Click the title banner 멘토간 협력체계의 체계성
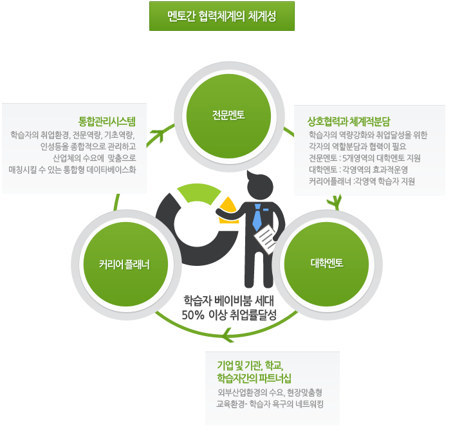(x=221, y=16)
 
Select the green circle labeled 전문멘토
(x=228, y=115)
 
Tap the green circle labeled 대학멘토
(x=326, y=263)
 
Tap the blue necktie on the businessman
(x=257, y=217)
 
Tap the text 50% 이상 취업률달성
(x=228, y=315)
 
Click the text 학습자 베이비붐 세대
(x=228, y=301)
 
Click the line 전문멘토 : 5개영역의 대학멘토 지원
(x=365, y=158)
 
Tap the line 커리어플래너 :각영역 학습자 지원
(x=362, y=182)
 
